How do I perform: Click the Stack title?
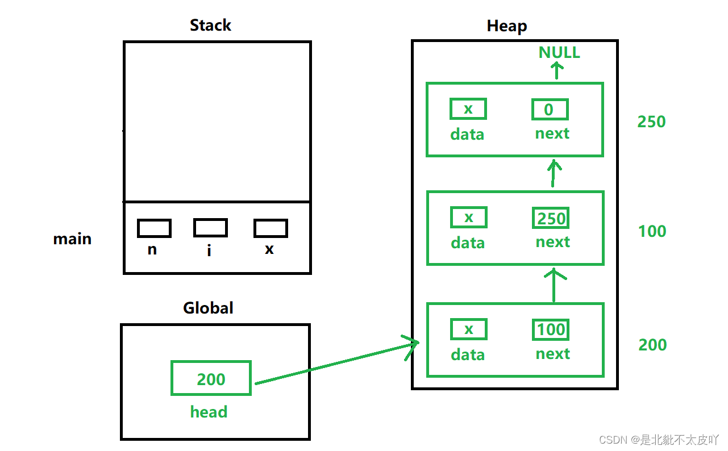[x=210, y=25]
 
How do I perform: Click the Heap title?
[x=507, y=26]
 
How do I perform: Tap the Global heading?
[x=208, y=307]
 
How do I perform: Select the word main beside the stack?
[x=72, y=239]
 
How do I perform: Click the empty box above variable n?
[x=154, y=228]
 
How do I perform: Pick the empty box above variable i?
[x=210, y=227]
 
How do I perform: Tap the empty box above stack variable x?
[x=271, y=228]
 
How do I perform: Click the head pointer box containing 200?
[x=211, y=378]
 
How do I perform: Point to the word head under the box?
[x=209, y=412]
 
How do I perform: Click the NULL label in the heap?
[x=559, y=52]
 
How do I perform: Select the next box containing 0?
[x=550, y=109]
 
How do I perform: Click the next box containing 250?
[x=551, y=218]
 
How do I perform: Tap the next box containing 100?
[x=551, y=329]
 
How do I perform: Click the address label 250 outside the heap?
[x=651, y=122]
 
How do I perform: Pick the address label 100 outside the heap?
[x=652, y=231]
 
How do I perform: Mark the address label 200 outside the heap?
[x=652, y=344]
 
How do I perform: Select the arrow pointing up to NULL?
[x=557, y=70]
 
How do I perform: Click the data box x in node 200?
[x=469, y=329]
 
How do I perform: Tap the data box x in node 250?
[x=468, y=108]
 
